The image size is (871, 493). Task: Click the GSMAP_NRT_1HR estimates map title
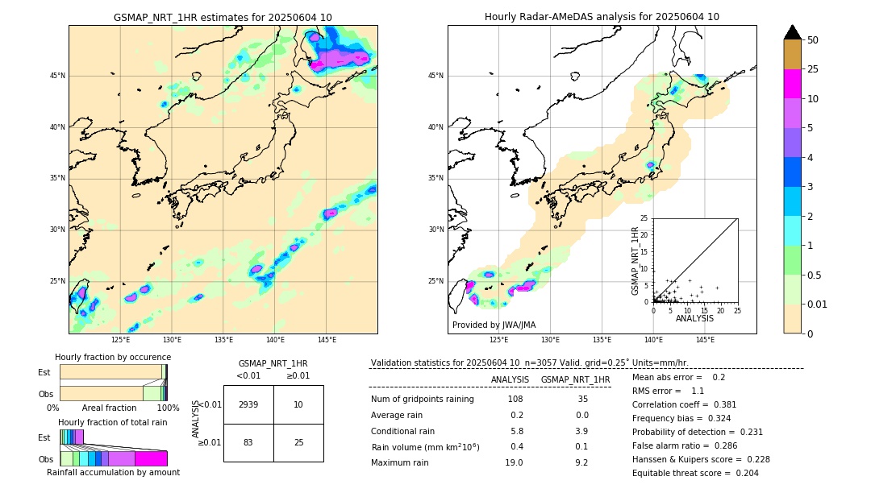[x=223, y=17]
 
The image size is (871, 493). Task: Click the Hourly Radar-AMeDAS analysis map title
[x=602, y=17]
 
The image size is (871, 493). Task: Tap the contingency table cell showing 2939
[x=248, y=404]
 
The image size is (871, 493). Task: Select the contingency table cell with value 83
[x=248, y=442]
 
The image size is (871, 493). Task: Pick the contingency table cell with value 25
[x=298, y=442]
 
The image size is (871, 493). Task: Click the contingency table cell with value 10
[x=298, y=404]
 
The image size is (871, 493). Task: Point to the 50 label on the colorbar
[x=813, y=39]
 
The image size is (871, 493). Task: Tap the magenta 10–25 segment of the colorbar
[x=793, y=84]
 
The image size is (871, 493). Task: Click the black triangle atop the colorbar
[x=793, y=32]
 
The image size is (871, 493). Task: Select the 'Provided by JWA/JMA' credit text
[x=494, y=325]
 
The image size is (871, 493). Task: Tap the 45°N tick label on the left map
[x=57, y=76]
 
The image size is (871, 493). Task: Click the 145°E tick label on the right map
[x=705, y=340]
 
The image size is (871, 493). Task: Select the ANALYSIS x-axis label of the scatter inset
[x=694, y=318]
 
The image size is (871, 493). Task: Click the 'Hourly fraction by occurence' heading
[x=113, y=357]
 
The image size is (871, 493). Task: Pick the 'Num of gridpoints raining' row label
[x=422, y=399]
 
